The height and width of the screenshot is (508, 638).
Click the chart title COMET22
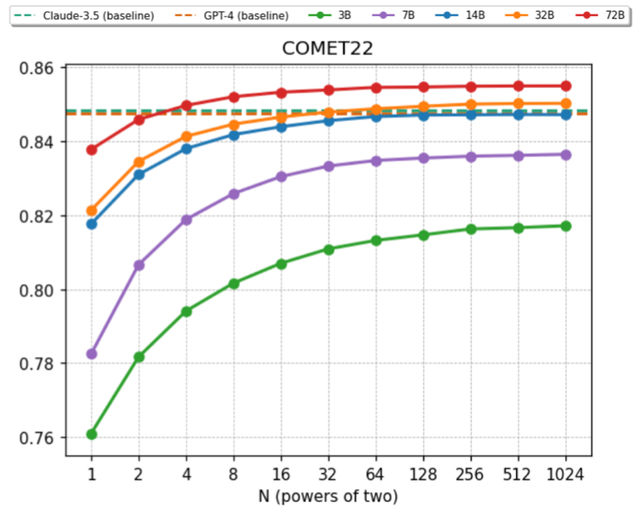(x=328, y=49)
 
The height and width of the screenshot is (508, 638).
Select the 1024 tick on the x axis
(x=565, y=474)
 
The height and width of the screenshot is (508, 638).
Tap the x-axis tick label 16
(x=281, y=474)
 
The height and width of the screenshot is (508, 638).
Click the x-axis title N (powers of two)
(x=328, y=495)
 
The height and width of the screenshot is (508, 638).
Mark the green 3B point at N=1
(x=91, y=434)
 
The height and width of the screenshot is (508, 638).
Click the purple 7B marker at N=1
(x=91, y=354)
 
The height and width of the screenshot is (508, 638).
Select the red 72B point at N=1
(x=91, y=150)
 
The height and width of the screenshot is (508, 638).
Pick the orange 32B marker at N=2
(x=139, y=161)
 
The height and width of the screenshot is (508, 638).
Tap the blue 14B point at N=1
(x=91, y=224)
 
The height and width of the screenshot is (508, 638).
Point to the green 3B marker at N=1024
(x=565, y=226)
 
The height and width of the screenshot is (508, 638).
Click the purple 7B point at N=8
(x=234, y=193)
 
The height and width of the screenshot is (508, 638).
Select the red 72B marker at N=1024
(x=565, y=86)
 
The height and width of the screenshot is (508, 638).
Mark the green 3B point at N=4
(x=186, y=311)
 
